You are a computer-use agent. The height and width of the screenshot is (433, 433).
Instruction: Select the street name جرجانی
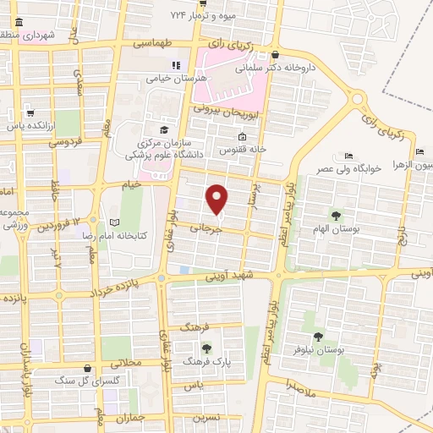(203, 227)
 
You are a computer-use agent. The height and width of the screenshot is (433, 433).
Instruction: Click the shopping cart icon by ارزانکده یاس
(30, 112)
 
